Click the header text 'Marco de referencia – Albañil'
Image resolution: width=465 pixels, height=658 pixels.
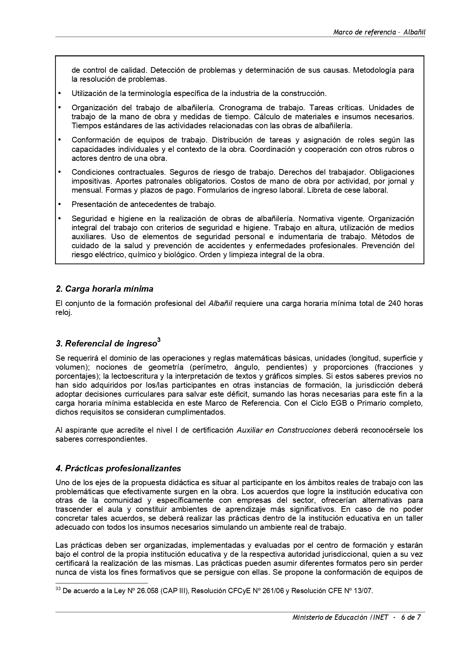379,32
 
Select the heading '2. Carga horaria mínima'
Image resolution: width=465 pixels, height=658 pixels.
104,289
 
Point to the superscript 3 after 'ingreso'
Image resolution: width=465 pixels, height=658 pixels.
159,340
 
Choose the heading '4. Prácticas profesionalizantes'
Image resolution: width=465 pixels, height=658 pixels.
118,468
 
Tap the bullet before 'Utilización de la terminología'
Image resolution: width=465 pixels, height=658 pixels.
59,93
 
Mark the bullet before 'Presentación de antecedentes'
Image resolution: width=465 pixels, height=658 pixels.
59,204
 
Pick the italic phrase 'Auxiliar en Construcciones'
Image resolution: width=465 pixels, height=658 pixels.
283,430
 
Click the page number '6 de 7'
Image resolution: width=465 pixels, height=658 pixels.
411,618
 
